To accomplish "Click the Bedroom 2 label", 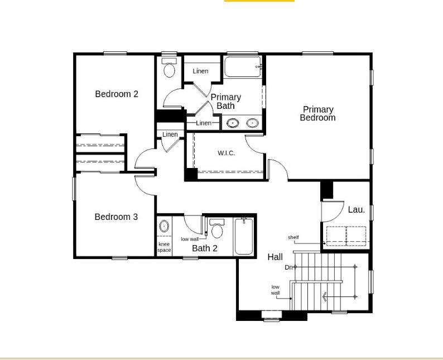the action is coord(117,94).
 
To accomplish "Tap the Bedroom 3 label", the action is coord(116,217).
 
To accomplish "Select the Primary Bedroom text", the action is coord(318,113).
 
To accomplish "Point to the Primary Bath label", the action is coord(226,102).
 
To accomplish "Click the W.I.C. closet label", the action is coord(226,153).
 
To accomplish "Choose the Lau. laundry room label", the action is coord(357,210).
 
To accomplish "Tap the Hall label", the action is coord(275,257).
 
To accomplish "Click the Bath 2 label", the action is coord(205,248).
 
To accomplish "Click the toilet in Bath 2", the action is coord(217,228).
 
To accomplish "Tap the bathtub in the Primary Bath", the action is coord(243,67).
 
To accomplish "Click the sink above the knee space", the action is coord(164,227).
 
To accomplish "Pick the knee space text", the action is coord(164,247).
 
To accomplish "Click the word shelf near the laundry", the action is coord(293,237).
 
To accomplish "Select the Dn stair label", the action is coord(288,267).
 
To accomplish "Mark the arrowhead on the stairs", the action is coord(325,297).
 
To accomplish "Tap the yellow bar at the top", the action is coord(259,1).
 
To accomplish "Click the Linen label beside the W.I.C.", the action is coord(170,135).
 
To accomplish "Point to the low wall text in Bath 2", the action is coord(190,239).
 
